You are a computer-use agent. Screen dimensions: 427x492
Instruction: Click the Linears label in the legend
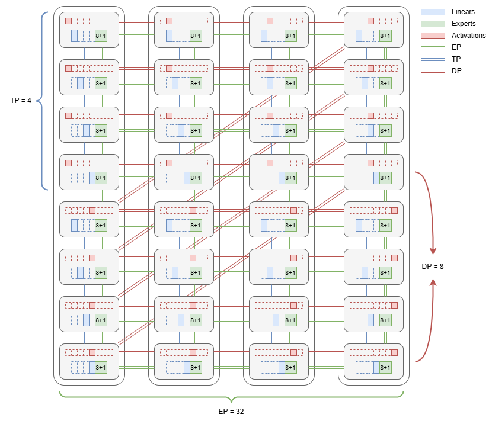coord(463,12)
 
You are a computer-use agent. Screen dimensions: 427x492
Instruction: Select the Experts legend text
coord(464,24)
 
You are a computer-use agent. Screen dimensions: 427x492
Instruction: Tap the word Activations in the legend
coord(468,36)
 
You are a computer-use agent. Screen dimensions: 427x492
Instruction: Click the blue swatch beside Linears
coord(433,12)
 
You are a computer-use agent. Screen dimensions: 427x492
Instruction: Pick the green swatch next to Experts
coord(433,24)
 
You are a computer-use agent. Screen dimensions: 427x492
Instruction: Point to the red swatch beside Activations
coord(433,36)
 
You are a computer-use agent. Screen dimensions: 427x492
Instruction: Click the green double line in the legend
coord(433,48)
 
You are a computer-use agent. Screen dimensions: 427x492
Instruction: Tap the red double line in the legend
coord(433,71)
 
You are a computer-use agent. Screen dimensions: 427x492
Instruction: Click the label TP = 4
coord(21,101)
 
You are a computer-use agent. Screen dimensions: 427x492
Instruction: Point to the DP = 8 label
coord(433,267)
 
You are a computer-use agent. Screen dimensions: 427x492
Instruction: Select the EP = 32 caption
coord(232,410)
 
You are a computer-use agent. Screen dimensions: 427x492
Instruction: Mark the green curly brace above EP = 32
coord(231,396)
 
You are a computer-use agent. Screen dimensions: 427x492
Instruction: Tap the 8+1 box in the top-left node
coord(101,36)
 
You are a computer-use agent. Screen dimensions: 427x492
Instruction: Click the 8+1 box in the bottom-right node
coord(385,367)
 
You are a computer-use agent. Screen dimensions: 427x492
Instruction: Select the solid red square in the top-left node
coord(68,21)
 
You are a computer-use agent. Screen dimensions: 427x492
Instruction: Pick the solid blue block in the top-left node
coord(75,36)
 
